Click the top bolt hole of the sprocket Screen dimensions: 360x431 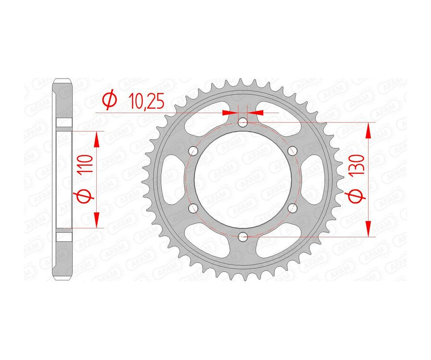(x=243, y=122)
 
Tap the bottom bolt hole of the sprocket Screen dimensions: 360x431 (x=243, y=236)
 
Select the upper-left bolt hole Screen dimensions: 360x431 (x=193, y=151)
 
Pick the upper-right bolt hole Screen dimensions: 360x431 (x=292, y=151)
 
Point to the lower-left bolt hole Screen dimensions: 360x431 (x=193, y=208)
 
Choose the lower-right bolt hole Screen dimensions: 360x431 (x=292, y=208)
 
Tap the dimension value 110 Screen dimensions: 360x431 (x=88, y=165)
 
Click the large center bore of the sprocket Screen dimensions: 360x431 (x=243, y=179)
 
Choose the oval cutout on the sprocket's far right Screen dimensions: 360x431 (x=315, y=179)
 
